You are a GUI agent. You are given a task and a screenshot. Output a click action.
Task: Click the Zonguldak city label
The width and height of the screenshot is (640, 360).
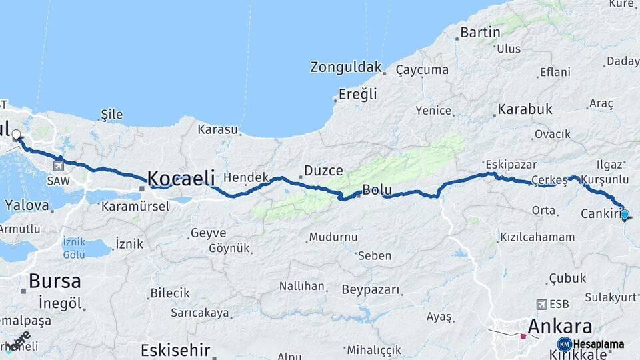pos(346,67)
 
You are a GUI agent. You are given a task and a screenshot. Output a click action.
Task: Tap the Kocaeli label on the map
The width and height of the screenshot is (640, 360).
pos(181,178)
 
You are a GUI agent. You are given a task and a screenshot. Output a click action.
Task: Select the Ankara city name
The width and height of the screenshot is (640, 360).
pos(559,327)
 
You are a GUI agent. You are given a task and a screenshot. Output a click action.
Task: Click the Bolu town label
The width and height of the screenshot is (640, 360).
pos(377,191)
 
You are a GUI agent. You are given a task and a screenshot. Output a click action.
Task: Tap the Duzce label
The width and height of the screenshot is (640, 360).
pos(323,171)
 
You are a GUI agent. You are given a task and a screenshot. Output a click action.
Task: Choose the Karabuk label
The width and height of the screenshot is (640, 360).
pos(525,109)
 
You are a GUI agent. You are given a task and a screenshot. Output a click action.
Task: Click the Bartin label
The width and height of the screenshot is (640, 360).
pos(480,33)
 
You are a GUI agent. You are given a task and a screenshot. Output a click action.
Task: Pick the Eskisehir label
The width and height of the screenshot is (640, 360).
pos(176,350)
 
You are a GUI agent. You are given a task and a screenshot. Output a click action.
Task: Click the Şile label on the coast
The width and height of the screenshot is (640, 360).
pos(111,115)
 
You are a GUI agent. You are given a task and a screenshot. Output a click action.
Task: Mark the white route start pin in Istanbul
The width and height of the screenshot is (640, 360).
pos(17,135)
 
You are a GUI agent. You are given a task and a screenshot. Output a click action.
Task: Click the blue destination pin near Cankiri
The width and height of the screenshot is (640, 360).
pos(625,214)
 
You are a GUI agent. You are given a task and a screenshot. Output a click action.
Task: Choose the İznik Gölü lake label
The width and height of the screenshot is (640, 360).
pos(74,247)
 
